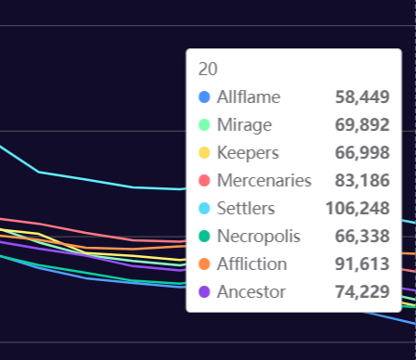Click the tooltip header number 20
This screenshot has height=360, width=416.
coord(208,69)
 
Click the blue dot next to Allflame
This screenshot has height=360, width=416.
coord(204,96)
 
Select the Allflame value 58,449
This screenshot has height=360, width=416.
coord(362,96)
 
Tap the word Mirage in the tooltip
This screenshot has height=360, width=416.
coord(244,125)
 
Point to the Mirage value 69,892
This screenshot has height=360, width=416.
coord(362,124)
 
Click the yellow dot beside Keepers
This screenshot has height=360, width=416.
coord(204,152)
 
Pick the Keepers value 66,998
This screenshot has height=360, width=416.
coord(362,152)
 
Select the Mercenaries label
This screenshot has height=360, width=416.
coord(265,180)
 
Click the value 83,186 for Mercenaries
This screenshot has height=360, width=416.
coord(362,180)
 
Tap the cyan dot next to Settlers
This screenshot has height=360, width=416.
coord(204,208)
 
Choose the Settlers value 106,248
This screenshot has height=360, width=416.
coord(357,208)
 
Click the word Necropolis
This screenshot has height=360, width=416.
coord(259,237)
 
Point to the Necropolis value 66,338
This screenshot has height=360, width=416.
coord(362,236)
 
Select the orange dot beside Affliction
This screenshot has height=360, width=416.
coord(204,264)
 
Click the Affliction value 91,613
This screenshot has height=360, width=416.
coord(362,264)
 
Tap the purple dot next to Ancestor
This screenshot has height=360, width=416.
coord(204,291)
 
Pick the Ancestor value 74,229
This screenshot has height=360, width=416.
coord(362,291)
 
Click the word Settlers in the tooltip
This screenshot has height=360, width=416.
coord(246,208)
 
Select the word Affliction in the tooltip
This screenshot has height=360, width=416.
coord(252,264)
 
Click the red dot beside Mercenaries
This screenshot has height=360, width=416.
coord(204,180)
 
